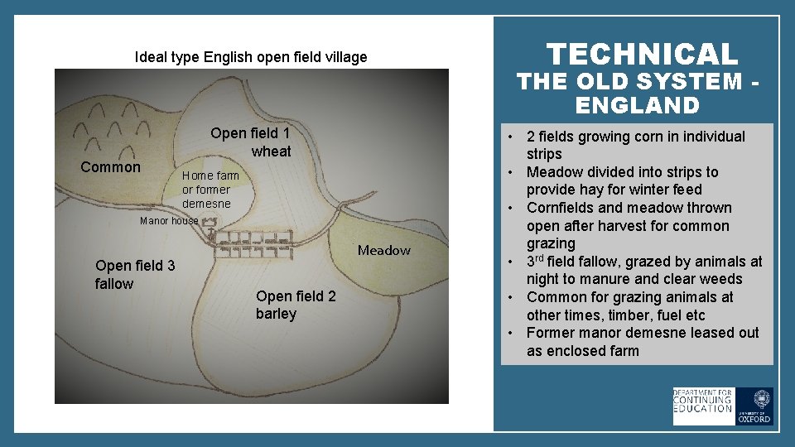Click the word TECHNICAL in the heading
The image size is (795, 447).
pos(642,55)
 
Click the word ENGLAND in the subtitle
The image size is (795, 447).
pos(648,105)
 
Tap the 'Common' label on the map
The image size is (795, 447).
pos(111,167)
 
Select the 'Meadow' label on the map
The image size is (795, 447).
pos(383,250)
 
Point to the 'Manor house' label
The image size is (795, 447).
pos(169,221)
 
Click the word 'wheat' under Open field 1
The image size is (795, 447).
pos(271,151)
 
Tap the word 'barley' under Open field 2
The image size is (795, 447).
pos(276,314)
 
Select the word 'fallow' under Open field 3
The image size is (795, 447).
pos(114,284)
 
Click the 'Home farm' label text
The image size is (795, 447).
pos(210,175)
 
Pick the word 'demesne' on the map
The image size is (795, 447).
pos(206,204)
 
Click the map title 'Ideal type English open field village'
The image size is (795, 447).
pos(251,57)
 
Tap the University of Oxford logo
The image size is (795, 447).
pos(754,406)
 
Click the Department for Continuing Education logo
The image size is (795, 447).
pos(703,406)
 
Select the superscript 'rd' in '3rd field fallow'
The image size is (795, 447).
pos(543,257)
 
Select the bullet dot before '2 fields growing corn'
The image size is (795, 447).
pos(514,137)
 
